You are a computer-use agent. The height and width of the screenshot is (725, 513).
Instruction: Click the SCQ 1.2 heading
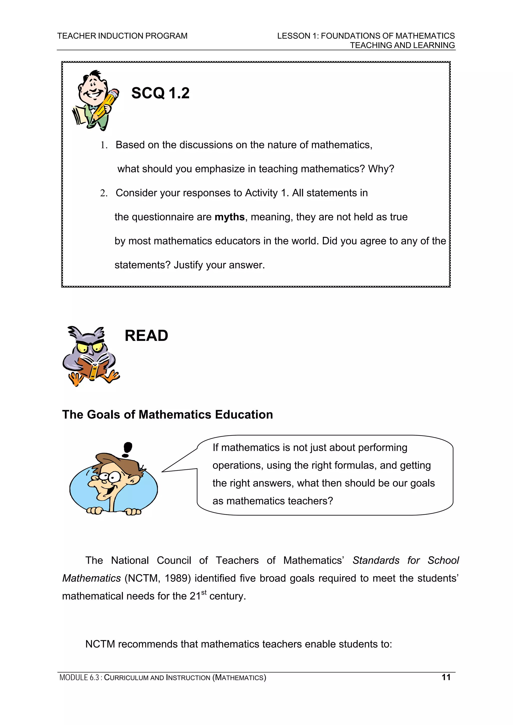(160, 93)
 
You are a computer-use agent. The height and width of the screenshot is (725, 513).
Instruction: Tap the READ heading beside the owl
(146, 336)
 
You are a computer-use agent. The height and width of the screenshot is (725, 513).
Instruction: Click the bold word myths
(229, 217)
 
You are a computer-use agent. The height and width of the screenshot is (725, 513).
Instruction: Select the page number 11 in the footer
(446, 677)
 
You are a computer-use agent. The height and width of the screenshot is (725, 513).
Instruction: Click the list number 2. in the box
(104, 193)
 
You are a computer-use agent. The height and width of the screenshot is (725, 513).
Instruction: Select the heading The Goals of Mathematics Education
(168, 415)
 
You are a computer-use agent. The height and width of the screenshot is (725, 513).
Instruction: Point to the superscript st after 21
(204, 592)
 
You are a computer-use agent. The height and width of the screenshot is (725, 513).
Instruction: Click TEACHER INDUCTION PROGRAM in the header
(122, 36)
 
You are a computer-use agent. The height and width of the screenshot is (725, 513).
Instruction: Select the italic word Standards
(376, 561)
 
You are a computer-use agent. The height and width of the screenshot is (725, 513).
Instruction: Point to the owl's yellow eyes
(89, 347)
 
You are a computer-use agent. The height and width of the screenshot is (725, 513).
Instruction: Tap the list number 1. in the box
(104, 145)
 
